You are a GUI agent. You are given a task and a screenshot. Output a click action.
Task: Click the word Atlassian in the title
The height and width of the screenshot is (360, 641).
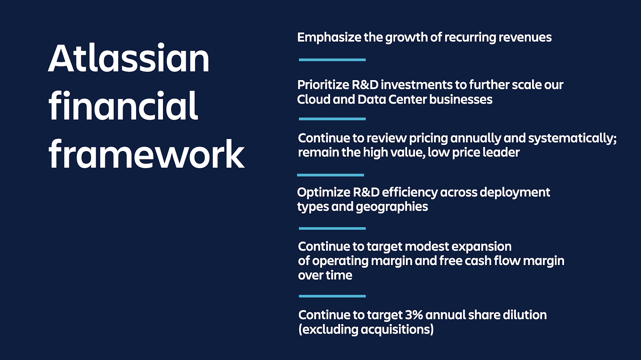[x=129, y=58]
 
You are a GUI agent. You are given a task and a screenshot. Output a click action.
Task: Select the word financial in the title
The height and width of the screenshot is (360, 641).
[x=123, y=105]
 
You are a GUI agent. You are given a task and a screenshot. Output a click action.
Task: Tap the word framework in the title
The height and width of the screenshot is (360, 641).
[x=147, y=154]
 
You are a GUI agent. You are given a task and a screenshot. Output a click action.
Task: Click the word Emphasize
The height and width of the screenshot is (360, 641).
[x=329, y=38]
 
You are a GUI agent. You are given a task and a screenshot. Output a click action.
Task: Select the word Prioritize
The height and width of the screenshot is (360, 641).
[x=323, y=85]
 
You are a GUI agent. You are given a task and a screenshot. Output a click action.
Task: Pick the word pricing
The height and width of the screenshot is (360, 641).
[x=428, y=139]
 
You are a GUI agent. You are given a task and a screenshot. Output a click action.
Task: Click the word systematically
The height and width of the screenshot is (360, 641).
[x=572, y=139]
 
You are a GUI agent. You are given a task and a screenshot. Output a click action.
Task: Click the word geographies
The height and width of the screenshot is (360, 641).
[x=392, y=207]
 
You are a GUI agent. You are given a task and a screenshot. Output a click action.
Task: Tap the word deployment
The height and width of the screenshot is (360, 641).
[x=515, y=193]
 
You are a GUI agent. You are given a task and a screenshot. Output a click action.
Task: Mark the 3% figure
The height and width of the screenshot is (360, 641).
[x=414, y=315]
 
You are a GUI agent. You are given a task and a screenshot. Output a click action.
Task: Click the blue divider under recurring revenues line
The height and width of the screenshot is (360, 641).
[x=332, y=60]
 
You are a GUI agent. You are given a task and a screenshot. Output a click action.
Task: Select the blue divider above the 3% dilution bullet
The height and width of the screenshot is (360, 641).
[x=332, y=296]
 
